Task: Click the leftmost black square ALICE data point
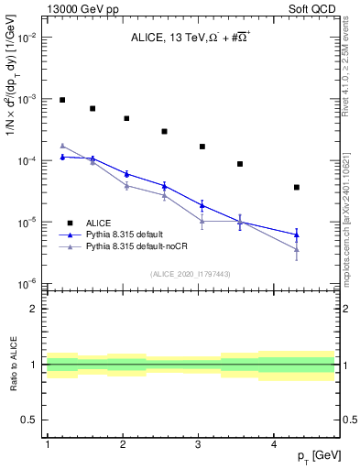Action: pos(62,100)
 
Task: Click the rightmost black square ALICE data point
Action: pos(297,187)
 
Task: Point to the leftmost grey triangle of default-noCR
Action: pos(62,146)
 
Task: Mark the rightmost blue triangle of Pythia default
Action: pos(297,235)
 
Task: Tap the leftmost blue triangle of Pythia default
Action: pos(62,157)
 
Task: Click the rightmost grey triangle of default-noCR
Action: pos(297,249)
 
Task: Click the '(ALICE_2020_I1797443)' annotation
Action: pos(191,274)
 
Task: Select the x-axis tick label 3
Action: pos(199,444)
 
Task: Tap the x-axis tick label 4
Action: pos(274,444)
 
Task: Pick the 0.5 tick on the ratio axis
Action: pos(33,420)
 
